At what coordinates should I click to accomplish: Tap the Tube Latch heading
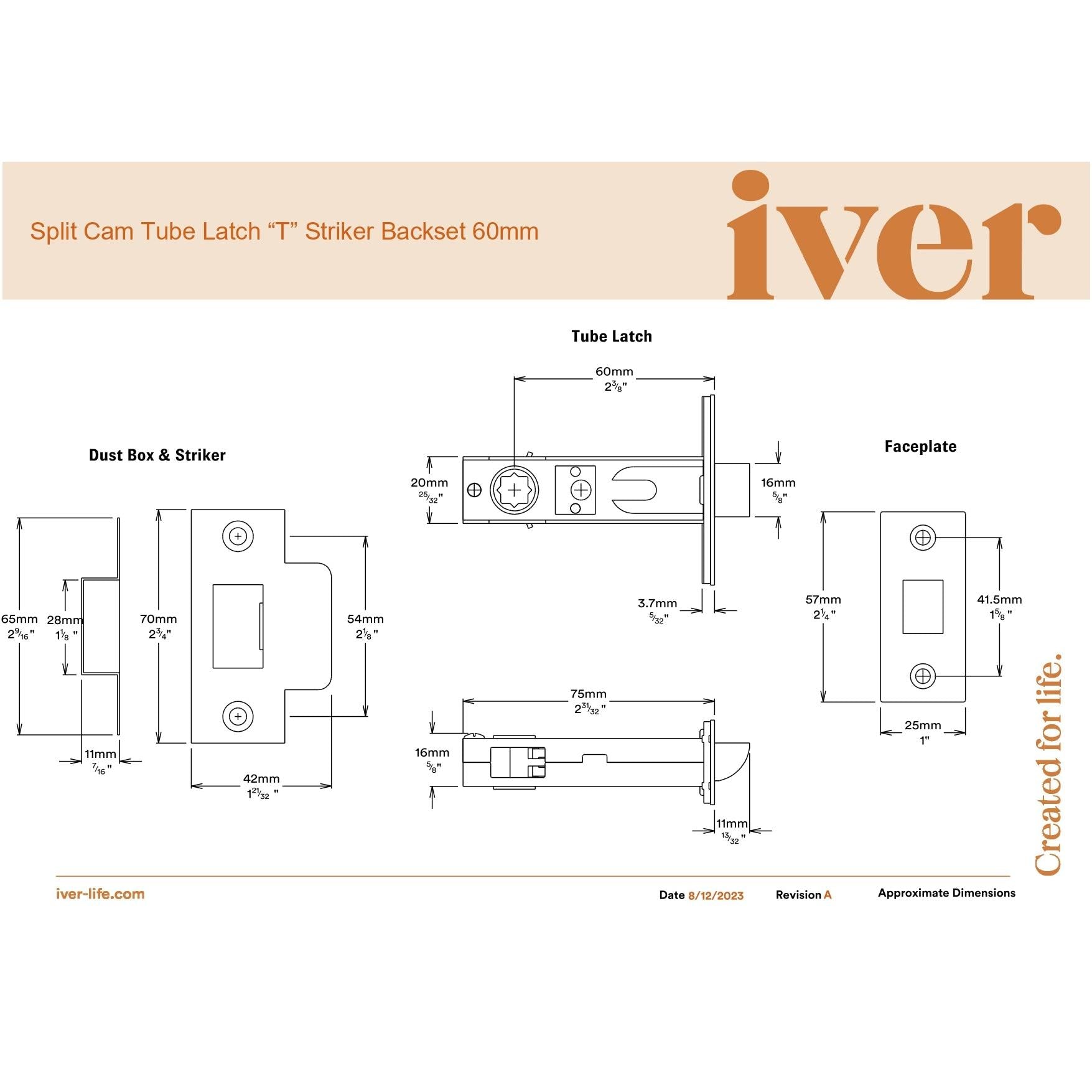click(612, 337)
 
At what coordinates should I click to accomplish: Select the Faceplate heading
click(920, 446)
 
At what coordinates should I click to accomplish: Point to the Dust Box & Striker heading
click(157, 455)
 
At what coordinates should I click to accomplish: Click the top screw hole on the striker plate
click(238, 536)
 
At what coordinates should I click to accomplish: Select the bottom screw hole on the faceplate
click(923, 676)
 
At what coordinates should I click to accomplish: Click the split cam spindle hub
click(515, 490)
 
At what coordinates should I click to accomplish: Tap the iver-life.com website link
click(100, 894)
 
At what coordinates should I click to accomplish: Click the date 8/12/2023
click(716, 895)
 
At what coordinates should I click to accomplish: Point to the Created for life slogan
click(1048, 764)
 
